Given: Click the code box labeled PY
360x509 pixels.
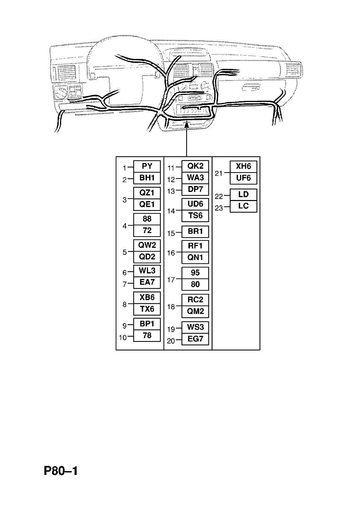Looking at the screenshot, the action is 147,166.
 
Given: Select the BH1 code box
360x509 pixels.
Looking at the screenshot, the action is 147,178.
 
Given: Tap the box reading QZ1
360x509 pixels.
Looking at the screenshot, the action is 147,193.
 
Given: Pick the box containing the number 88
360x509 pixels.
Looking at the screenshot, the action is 147,219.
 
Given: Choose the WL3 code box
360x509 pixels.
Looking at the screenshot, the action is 147,271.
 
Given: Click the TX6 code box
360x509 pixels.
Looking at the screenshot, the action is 147,309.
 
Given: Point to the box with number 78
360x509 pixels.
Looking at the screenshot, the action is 147,336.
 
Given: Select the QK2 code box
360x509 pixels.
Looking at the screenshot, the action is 195,166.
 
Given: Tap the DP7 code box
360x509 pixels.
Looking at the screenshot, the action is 195,189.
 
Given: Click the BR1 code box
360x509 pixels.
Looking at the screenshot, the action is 195,232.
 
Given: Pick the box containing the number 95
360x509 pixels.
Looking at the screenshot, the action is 195,273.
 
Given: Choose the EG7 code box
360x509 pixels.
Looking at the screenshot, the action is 195,339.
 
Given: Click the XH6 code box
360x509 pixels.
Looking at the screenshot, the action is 243,167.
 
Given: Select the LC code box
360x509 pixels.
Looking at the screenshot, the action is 243,206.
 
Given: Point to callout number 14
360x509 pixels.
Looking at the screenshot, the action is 171,211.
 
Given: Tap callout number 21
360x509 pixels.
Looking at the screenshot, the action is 218,173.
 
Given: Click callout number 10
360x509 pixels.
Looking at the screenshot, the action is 123,338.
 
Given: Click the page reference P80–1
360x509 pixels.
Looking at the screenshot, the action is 61,471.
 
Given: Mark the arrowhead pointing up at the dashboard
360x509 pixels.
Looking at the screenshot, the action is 187,124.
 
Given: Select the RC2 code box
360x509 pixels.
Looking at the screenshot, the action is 195,300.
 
